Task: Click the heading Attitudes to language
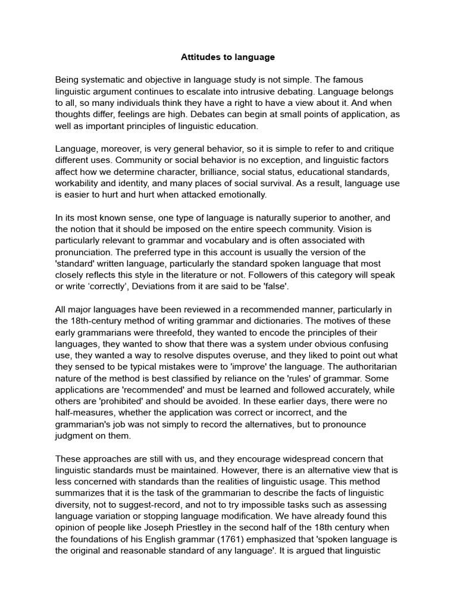point(228,57)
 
